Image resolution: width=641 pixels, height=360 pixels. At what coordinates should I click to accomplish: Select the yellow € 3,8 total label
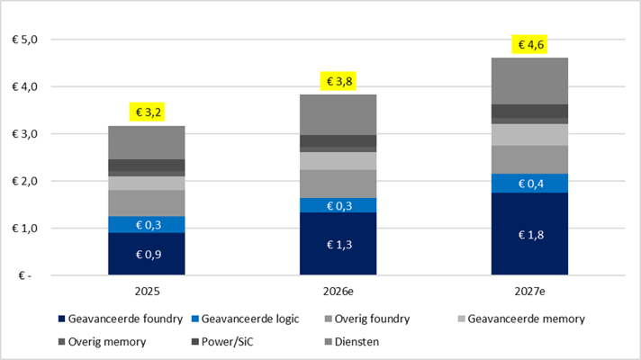pyautogui.click(x=339, y=82)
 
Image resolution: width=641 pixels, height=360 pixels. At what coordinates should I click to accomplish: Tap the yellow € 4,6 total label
pyautogui.click(x=530, y=44)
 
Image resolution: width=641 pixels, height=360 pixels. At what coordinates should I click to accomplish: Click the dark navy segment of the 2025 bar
pyautogui.click(x=146, y=254)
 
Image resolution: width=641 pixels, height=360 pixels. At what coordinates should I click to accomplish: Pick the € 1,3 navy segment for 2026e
pyautogui.click(x=339, y=243)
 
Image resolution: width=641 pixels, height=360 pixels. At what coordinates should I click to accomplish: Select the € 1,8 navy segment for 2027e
pyautogui.click(x=530, y=234)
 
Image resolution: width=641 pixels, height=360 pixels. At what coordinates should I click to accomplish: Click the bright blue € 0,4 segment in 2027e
pyautogui.click(x=530, y=184)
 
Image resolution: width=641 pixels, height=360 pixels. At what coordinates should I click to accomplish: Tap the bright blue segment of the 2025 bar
pyautogui.click(x=146, y=224)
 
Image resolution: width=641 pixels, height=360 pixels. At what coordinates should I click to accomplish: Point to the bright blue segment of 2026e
pyautogui.click(x=339, y=205)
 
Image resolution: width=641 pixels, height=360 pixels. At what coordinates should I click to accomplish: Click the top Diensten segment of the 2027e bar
pyautogui.click(x=530, y=81)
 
